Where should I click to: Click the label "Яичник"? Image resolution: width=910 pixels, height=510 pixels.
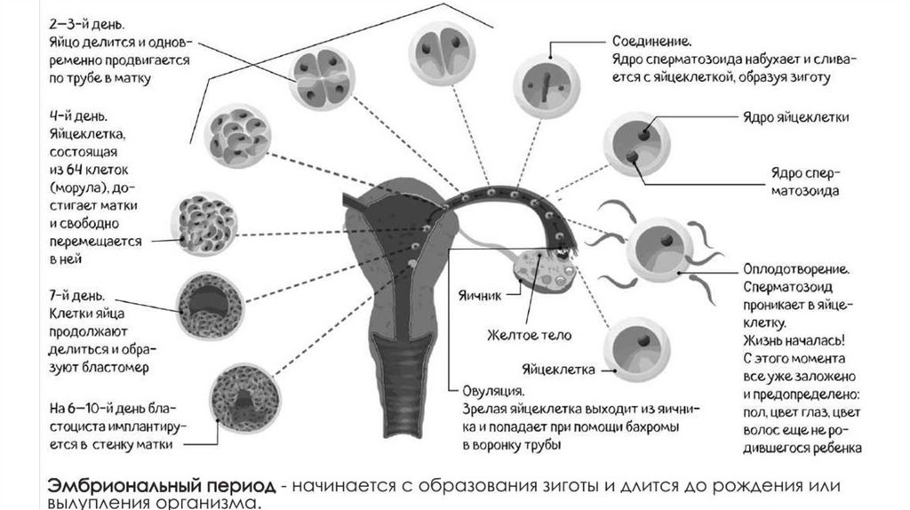tap(482, 295)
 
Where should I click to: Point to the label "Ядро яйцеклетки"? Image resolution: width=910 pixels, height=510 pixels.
tap(796, 117)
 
